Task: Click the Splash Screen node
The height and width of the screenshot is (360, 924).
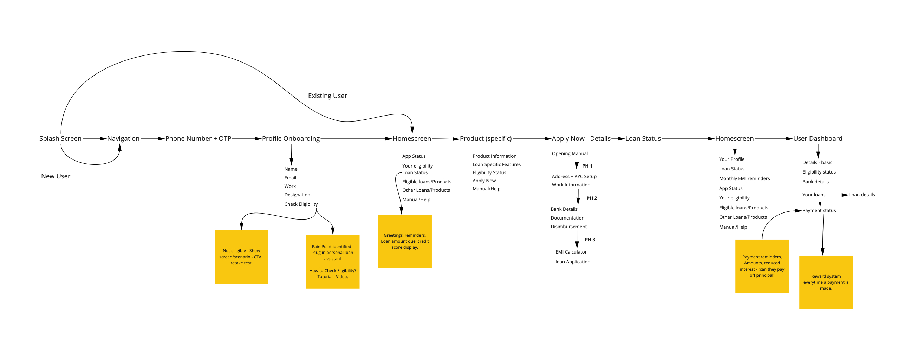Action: (60, 139)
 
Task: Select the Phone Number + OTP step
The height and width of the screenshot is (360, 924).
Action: (198, 139)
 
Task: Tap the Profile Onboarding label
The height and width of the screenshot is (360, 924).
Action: (291, 139)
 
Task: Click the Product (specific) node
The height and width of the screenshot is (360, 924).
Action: (486, 139)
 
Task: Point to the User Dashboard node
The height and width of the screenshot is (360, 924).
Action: (818, 139)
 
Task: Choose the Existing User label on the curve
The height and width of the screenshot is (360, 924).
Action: (327, 96)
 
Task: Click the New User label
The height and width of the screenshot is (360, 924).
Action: (56, 176)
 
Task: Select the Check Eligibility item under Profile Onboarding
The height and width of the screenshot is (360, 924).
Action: (301, 204)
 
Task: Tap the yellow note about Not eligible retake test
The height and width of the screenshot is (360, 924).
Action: (241, 257)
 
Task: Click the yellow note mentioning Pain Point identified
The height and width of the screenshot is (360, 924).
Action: (332, 261)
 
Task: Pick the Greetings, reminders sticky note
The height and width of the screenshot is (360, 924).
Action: (405, 241)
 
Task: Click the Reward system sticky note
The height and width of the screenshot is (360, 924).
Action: (826, 282)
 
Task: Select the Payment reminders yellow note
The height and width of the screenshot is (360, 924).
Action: (762, 266)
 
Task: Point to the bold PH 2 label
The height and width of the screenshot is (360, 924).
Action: (592, 198)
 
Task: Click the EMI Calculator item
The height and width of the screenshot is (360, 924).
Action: (571, 252)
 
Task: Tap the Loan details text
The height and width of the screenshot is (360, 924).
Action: (861, 195)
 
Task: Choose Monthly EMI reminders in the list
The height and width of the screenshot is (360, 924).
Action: (744, 178)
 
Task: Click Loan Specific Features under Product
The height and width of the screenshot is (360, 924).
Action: (496, 165)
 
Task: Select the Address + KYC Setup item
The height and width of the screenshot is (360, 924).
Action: (574, 176)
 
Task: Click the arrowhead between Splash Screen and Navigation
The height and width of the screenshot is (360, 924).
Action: (103, 139)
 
